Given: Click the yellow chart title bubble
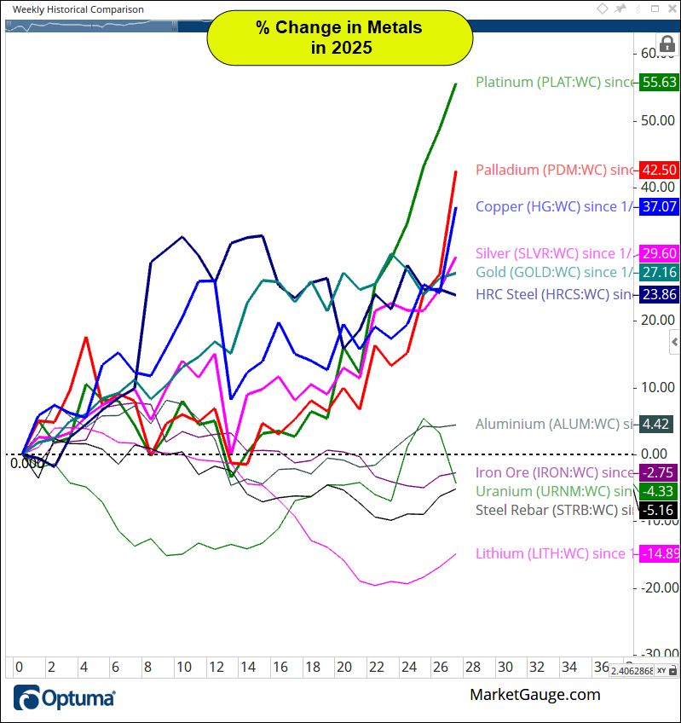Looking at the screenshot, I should [x=339, y=38].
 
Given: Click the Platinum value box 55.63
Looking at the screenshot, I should [x=661, y=82].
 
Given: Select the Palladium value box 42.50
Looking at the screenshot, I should [x=661, y=170].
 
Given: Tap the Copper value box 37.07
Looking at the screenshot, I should [x=661, y=206].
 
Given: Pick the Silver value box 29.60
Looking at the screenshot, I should [x=661, y=253].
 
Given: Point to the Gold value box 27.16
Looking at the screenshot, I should [x=661, y=272].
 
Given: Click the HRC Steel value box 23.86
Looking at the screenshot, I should [x=661, y=295].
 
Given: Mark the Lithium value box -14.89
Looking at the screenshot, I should [x=661, y=554].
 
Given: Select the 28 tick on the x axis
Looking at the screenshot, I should [x=472, y=667].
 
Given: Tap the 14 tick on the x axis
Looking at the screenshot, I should [x=247, y=667].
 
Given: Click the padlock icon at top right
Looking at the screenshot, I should [x=667, y=45].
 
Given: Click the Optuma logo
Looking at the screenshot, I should [x=65, y=697].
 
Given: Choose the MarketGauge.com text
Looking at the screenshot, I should [x=534, y=695].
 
